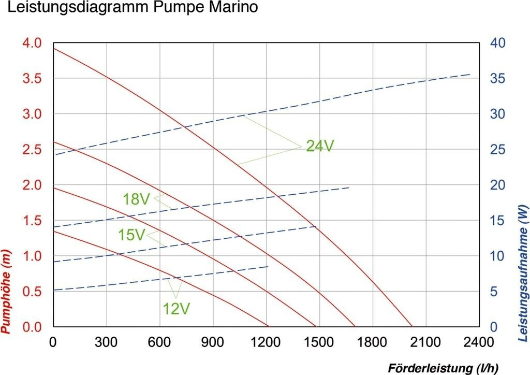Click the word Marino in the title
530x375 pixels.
pyautogui.click(x=230, y=8)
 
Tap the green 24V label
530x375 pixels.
pyautogui.click(x=320, y=147)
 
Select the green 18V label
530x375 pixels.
pyautogui.click(x=137, y=199)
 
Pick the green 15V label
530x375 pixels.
pyautogui.click(x=131, y=235)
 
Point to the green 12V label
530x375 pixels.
pyautogui.click(x=176, y=309)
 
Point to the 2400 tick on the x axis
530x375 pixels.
pyautogui.click(x=479, y=342)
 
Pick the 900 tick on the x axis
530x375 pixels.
pyautogui.click(x=213, y=342)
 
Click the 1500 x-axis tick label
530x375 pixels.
pyautogui.click(x=319, y=342)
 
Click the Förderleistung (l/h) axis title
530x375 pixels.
pyautogui.click(x=443, y=368)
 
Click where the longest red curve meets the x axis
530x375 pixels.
pyautogui.click(x=412, y=327)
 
